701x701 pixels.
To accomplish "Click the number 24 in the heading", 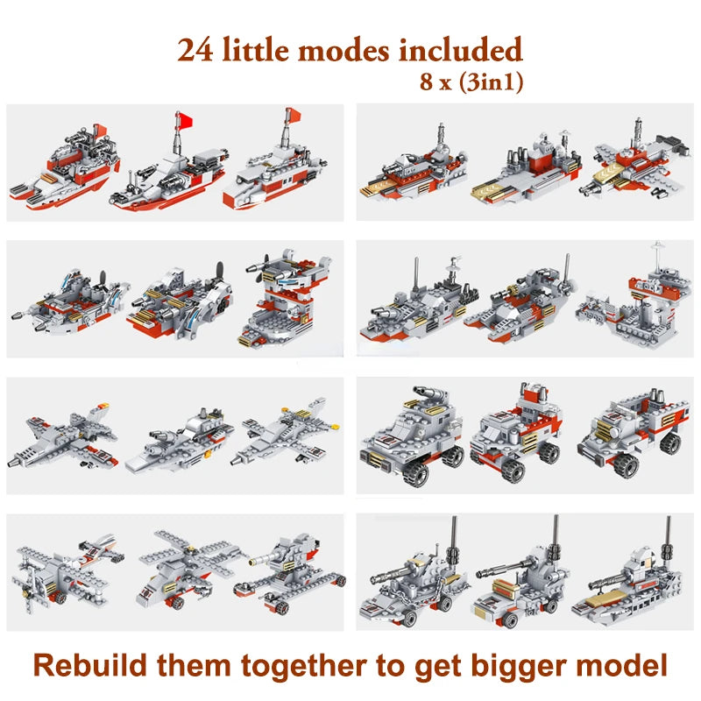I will (201, 50).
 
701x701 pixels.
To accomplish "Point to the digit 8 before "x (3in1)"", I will (426, 84).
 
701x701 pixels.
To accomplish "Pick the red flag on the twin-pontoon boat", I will (183, 118).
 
